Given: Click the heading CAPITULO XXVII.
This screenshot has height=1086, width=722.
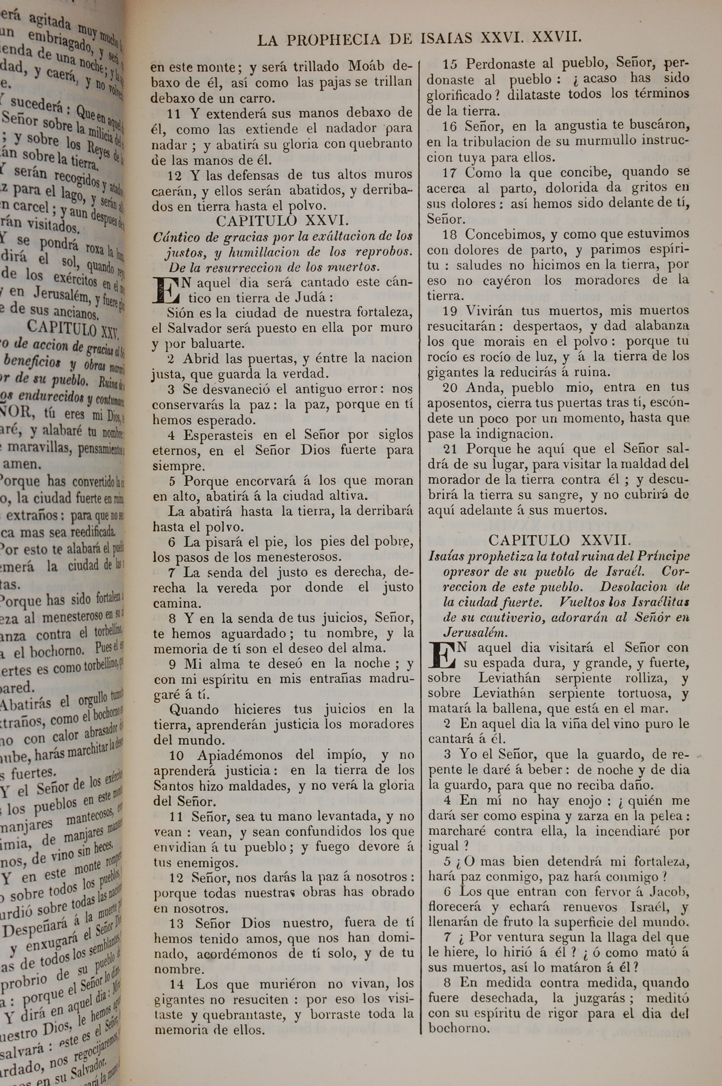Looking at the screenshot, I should click(559, 540).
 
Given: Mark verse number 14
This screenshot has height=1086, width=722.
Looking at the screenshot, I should click(177, 984).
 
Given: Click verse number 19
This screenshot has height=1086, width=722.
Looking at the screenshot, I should click(449, 311).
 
